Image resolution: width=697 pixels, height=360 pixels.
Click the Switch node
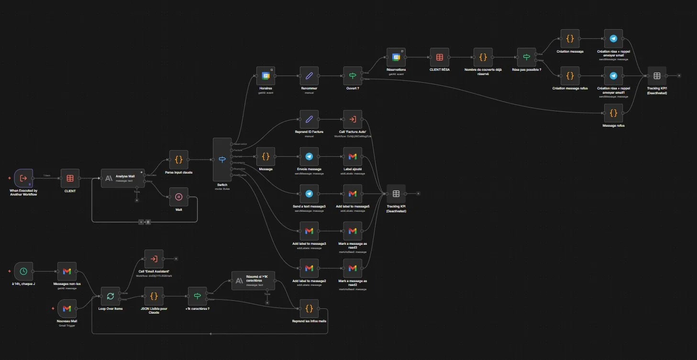pyautogui.click(x=221, y=160)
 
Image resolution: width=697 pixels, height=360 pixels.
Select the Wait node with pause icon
pyautogui.click(x=178, y=196)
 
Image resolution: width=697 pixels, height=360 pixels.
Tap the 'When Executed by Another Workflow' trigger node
pyautogui.click(x=23, y=178)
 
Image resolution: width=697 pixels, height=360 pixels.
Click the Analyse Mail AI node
pyautogui.click(x=122, y=178)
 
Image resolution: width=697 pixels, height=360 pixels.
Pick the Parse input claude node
pyautogui.click(x=178, y=160)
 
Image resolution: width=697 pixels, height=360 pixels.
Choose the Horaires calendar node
pyautogui.click(x=266, y=76)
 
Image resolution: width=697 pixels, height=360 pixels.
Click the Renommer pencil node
pyautogui.click(x=309, y=76)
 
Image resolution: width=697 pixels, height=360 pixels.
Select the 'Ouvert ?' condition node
pyautogui.click(x=353, y=76)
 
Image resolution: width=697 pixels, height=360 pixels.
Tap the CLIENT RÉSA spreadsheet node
pyautogui.click(x=439, y=57)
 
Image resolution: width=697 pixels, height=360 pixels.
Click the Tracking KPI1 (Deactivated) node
pyautogui.click(x=656, y=76)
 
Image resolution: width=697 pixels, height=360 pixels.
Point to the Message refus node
pyautogui.click(x=613, y=113)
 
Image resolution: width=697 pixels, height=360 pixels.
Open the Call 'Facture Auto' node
pyautogui.click(x=353, y=119)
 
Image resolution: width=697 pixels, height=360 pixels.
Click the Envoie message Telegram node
pyautogui.click(x=309, y=156)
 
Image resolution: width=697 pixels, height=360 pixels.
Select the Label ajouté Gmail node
pyautogui.click(x=353, y=156)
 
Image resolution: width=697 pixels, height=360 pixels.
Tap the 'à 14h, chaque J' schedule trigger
pyautogui.click(x=23, y=271)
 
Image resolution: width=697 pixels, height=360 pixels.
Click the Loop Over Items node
pyautogui.click(x=110, y=296)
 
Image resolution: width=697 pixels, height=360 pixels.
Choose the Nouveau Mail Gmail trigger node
pyautogui.click(x=66, y=308)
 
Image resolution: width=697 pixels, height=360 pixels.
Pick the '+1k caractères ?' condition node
pyautogui.click(x=197, y=296)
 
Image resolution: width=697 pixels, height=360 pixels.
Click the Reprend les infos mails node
pyautogui.click(x=309, y=308)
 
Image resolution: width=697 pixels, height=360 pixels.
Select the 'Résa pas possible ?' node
pyautogui.click(x=526, y=57)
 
